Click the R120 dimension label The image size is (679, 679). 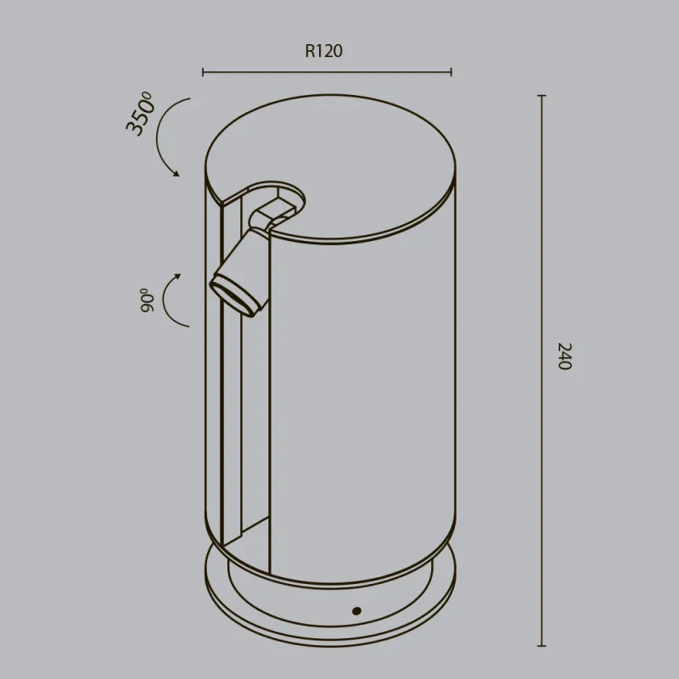323,51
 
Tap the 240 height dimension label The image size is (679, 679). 564,356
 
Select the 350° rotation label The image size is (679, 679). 139,114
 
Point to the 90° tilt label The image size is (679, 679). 147,300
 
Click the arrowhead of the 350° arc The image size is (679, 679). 177,173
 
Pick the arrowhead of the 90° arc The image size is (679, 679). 177,277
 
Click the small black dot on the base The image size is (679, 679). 356,611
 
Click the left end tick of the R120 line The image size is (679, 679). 203,72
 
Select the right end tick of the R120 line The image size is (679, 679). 452,72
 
